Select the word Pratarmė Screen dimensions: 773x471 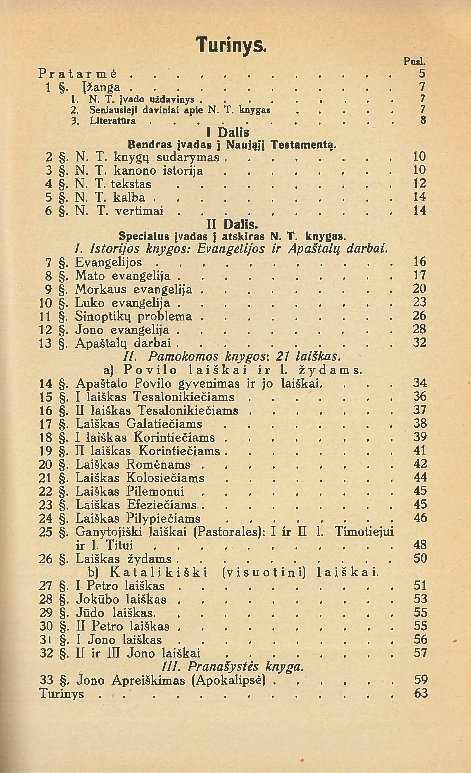pyautogui.click(x=78, y=74)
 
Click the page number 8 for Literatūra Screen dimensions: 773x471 pyautogui.click(x=423, y=120)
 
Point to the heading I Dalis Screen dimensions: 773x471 pyautogui.click(x=228, y=133)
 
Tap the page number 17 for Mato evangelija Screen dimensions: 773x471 pyautogui.click(x=420, y=275)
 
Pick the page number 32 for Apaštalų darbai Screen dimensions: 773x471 pyautogui.click(x=420, y=343)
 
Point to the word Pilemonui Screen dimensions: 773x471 pyautogui.click(x=155, y=491)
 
